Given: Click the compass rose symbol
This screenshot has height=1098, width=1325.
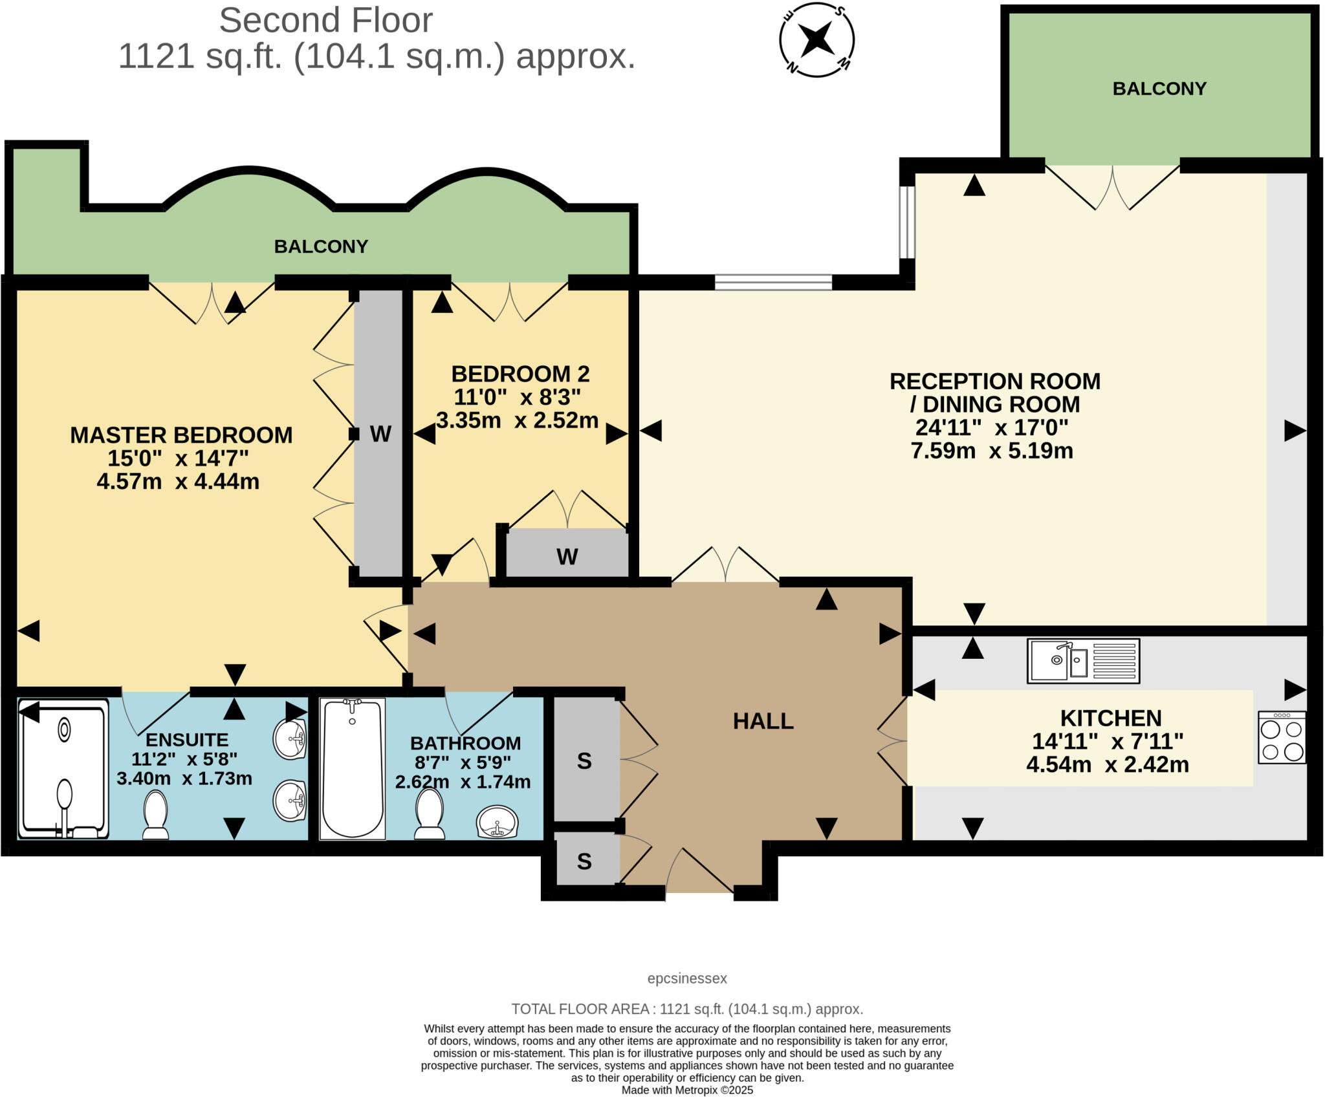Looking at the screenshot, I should coord(816,40).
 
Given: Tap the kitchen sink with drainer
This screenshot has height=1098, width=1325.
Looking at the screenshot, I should coord(1083,661).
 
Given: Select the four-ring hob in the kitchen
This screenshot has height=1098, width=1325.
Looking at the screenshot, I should coord(1282,737).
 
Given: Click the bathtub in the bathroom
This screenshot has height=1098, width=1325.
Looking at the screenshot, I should coord(353,768).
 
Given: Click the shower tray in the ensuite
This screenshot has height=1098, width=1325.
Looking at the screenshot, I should coord(63,768).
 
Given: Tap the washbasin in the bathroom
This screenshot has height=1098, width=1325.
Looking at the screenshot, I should coord(497,822).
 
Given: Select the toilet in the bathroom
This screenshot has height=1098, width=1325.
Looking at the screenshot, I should coord(429,814).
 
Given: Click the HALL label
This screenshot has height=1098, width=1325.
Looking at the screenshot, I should coord(763,721).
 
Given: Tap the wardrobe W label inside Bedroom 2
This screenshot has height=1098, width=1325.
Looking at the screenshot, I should coord(567,556).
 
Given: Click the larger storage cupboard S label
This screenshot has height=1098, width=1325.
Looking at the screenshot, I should coord(584,761).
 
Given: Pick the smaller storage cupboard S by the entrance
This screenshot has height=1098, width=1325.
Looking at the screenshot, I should coord(584,861).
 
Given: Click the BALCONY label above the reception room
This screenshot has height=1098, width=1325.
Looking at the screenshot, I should coord(1159,89).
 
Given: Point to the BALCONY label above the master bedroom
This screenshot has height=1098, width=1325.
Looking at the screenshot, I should coord(321,246).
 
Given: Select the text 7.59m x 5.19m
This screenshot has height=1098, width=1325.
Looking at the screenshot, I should coord(992,451).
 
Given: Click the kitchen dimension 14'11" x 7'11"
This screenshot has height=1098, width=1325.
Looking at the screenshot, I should coord(1108,741).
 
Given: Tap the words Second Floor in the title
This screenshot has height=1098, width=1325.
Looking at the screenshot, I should coord(325,21).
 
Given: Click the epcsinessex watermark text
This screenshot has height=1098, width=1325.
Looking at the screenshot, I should coord(687,978).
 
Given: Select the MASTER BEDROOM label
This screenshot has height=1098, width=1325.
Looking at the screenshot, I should coord(181,435).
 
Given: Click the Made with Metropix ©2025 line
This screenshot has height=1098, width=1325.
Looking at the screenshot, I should coord(687,1090).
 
